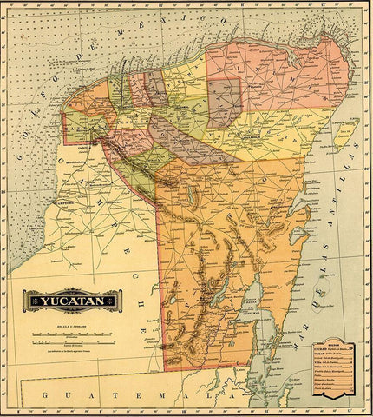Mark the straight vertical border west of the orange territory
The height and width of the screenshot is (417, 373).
pyautogui.click(x=158, y=278)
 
